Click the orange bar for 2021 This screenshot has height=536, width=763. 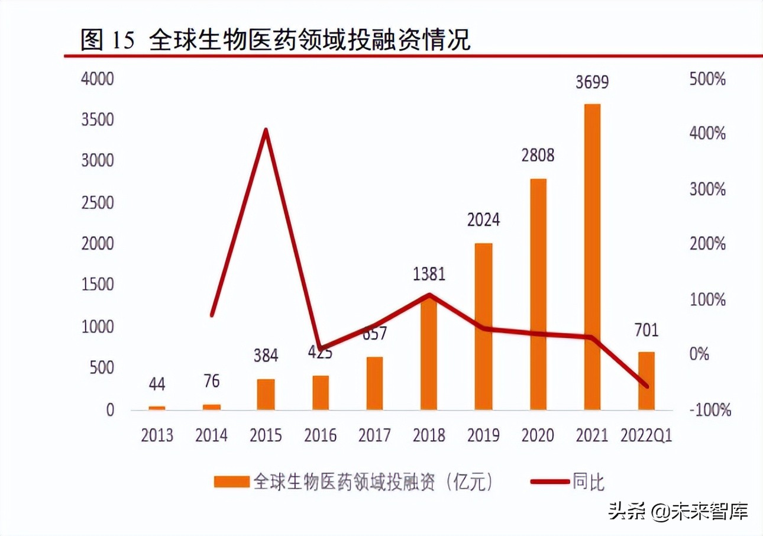click(x=592, y=257)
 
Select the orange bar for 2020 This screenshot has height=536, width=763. click(x=538, y=294)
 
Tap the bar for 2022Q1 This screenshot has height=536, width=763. click(x=646, y=380)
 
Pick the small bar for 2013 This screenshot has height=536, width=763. click(x=157, y=407)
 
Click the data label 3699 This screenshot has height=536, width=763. click(x=592, y=82)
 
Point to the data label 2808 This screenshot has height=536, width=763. click(x=538, y=156)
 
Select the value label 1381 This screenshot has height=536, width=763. click(x=429, y=274)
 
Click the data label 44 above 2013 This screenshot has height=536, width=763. click(x=157, y=384)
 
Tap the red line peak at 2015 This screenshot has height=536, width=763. click(x=266, y=130)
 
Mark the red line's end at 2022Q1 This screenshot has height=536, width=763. click(x=646, y=386)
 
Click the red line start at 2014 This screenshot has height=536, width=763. click(x=212, y=315)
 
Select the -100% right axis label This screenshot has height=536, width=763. click(x=710, y=409)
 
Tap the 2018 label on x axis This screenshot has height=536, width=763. click(x=429, y=436)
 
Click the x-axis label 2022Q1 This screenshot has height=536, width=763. click(x=646, y=436)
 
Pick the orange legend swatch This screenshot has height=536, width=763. click(x=231, y=482)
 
